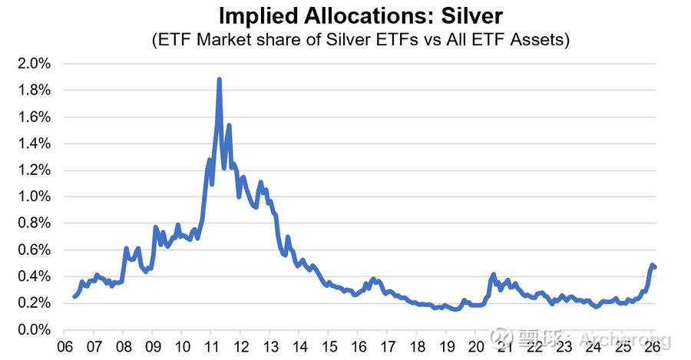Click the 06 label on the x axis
tap(66, 345)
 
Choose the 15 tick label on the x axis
tap(329, 345)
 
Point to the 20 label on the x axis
tap(477, 345)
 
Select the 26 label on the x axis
tap(653, 345)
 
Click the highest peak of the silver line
tap(220, 79)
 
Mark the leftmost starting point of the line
tap(74, 296)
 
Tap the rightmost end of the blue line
tap(655, 267)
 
